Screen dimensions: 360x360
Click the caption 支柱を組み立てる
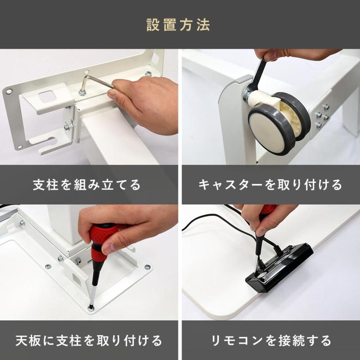[x=87, y=185]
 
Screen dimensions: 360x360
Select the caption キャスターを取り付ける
[x=270, y=185]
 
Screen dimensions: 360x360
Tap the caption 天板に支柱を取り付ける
[x=89, y=341]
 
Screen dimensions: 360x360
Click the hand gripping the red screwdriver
[x=120, y=228]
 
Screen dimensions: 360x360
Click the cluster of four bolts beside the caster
[x=322, y=116]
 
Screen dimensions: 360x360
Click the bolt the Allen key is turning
[x=82, y=93]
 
